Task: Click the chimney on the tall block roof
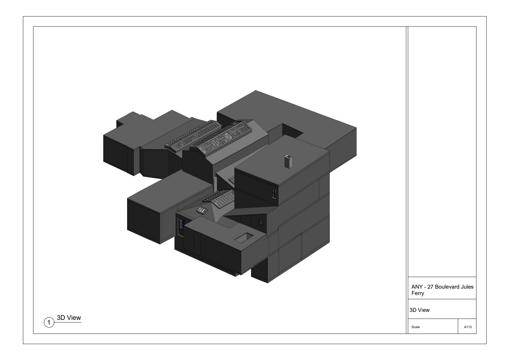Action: (289, 162)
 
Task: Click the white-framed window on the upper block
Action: (274, 193)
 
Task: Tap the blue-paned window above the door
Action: (181, 224)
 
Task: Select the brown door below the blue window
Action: (181, 232)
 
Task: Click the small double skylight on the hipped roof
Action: (202, 210)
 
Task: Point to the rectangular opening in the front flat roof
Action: (244, 238)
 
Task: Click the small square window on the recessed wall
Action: (261, 222)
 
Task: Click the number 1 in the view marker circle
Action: (49, 322)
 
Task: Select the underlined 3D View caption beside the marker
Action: (69, 318)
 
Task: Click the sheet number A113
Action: (468, 327)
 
